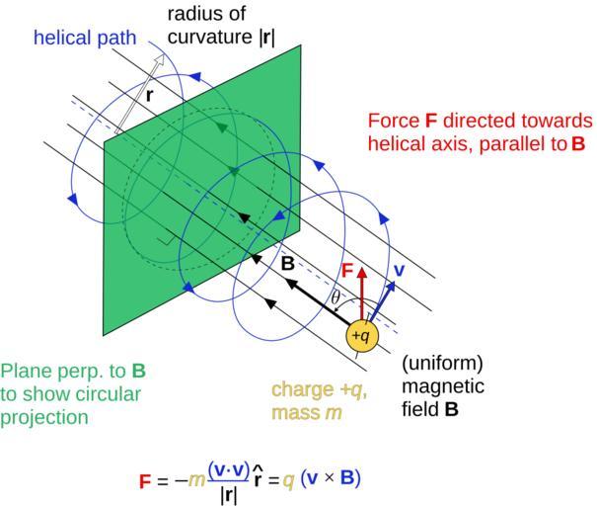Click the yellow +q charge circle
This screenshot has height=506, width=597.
click(362, 335)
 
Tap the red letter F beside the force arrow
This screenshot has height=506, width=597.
click(347, 270)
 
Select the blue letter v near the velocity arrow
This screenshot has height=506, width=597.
click(399, 269)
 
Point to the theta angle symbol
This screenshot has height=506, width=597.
click(335, 296)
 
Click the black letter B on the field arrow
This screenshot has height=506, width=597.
click(287, 265)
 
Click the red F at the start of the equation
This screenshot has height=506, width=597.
click(145, 482)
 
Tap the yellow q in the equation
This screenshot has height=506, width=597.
click(289, 480)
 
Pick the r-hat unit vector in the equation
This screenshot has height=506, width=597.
click(259, 479)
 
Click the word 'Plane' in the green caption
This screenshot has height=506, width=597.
click(24, 373)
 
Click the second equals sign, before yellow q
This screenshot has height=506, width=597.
click(274, 481)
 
